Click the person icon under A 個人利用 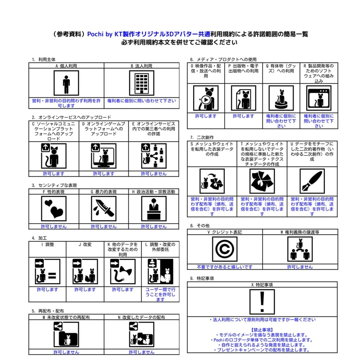pos(66,83)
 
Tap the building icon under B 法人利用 pos(142,83)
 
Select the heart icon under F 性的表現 pos(53,208)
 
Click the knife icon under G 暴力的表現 pos(104,208)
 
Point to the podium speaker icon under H pos(154,208)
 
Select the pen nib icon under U pos(312,181)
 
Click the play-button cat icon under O pos(206,98)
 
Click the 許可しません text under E pos(154,174)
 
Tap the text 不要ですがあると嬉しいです pos(225,267)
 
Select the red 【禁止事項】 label pos(262,330)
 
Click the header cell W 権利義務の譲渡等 pos(300,232)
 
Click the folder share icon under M pos(66,334)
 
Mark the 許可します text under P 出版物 pos(243,116)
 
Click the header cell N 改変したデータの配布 pos(141,317)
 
